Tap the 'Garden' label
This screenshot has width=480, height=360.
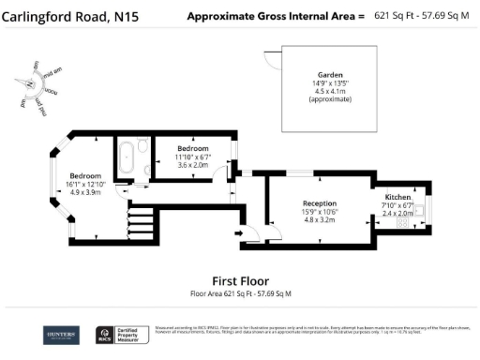pos(329,74)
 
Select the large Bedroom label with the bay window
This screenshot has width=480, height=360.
pos(86,175)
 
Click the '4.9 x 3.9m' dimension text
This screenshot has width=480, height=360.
pos(86,192)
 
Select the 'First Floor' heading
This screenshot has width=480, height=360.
pos(241,280)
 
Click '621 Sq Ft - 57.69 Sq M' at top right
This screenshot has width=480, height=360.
pos(423,16)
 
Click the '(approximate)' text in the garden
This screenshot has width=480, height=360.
pos(329,98)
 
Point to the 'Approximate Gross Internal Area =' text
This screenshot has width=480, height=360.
pos(274,16)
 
